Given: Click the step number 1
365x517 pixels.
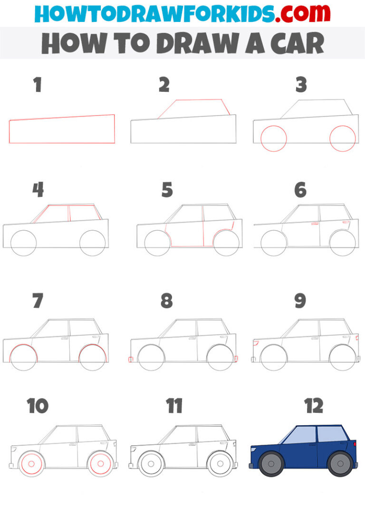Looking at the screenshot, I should click(38, 85).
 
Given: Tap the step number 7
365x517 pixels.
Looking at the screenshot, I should click(38, 301).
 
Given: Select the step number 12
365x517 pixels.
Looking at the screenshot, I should click(314, 406).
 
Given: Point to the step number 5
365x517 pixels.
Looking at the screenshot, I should click(167, 190).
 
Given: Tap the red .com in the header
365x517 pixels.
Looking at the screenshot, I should click(297, 14).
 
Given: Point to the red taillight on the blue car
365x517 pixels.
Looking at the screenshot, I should click(355, 444).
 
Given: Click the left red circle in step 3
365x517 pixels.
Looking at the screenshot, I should click(274, 138).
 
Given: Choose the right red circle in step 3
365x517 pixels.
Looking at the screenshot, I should click(343, 138).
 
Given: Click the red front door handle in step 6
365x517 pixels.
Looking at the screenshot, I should click(315, 223).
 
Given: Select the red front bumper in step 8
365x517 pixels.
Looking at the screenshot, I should click(130, 360).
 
